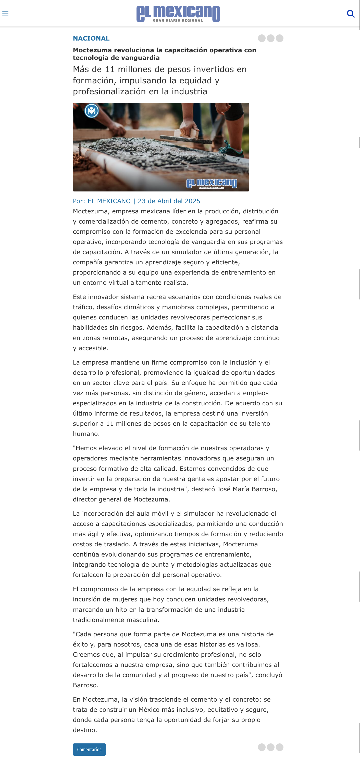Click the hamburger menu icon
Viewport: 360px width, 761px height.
pos(5,14)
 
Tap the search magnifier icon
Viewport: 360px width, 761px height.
pos(351,14)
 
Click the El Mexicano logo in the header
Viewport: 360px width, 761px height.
pos(178,14)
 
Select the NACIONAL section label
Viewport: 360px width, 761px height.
pos(91,38)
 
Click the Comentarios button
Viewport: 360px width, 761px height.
pos(89,749)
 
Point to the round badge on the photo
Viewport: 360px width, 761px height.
pos(92,111)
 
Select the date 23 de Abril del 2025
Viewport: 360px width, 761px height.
pos(169,201)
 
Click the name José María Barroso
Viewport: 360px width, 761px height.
pos(246,489)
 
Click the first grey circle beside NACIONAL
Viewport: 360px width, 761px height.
pos(262,38)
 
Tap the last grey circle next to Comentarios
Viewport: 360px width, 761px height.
pos(280,747)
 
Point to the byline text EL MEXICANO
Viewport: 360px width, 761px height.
pos(109,201)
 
